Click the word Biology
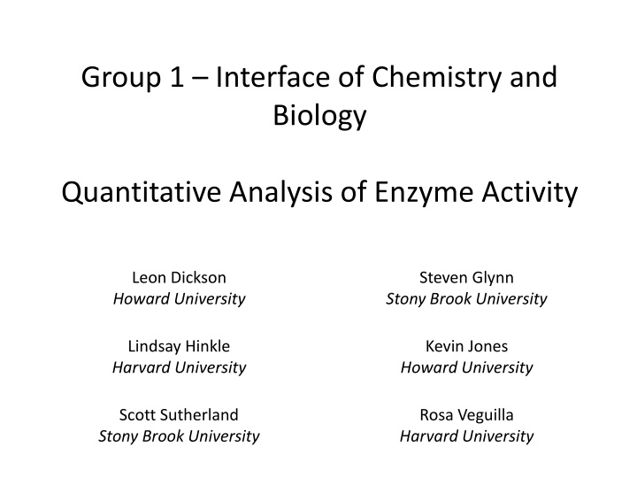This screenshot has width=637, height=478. [x=318, y=116]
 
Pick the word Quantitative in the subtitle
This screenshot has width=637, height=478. [x=142, y=191]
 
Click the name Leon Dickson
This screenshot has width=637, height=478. [x=179, y=278]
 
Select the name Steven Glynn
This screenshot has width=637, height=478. [x=466, y=278]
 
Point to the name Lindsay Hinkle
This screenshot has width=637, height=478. [x=179, y=346]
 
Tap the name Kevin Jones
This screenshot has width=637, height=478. [x=466, y=346]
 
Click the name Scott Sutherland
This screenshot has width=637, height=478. [x=179, y=414]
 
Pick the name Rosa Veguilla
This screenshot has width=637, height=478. [x=466, y=414]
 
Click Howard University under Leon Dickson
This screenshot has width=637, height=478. [x=179, y=299]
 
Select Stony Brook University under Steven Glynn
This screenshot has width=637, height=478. [x=466, y=299]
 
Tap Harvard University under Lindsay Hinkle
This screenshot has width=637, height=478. [x=179, y=367]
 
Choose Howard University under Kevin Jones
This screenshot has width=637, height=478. [x=466, y=367]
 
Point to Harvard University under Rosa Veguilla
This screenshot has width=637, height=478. [x=466, y=436]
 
